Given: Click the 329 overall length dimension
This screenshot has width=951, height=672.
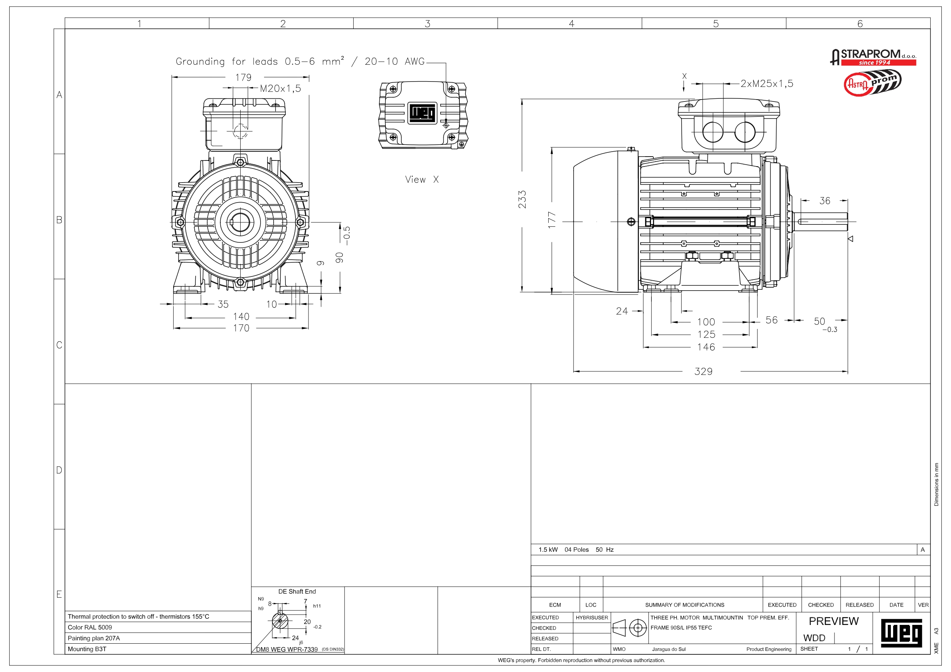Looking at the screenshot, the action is pyautogui.click(x=703, y=371).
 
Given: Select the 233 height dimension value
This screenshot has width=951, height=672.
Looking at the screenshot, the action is pyautogui.click(x=522, y=199).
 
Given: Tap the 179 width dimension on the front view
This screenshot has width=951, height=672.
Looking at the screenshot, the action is pyautogui.click(x=244, y=77).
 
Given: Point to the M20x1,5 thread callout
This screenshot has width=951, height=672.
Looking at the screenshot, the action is pyautogui.click(x=280, y=88).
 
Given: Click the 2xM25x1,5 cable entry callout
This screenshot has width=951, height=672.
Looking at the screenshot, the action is pyautogui.click(x=767, y=83).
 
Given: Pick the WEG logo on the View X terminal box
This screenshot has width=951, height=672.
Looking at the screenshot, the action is pyautogui.click(x=423, y=113).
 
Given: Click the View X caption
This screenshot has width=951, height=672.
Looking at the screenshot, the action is pyautogui.click(x=421, y=179).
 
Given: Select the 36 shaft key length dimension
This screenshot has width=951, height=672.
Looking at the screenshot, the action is pyautogui.click(x=825, y=201).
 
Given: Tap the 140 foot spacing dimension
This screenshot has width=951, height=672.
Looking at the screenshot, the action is pyautogui.click(x=241, y=317).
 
